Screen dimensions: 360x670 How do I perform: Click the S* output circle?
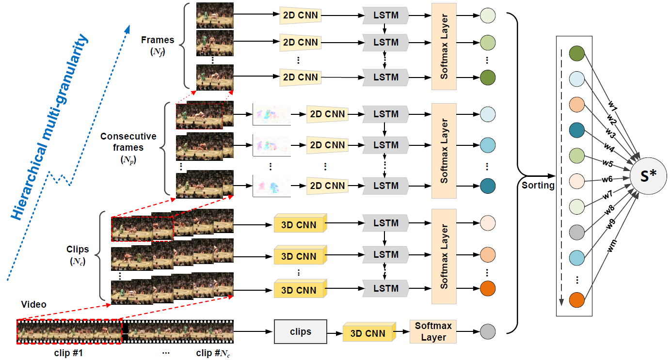[x=648, y=175]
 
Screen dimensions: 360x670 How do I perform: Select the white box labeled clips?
[x=301, y=332]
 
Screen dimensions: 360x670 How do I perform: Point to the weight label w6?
[x=607, y=179]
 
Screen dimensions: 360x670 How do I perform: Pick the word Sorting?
[x=538, y=185]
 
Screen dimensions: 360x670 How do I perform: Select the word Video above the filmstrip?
[x=34, y=304]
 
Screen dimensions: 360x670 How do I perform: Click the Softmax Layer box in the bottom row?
[x=433, y=332]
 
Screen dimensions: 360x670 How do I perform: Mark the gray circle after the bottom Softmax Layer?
[x=488, y=332]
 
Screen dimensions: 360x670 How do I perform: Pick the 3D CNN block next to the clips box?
[x=368, y=333]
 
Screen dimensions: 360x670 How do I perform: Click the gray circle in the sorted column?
[x=576, y=231]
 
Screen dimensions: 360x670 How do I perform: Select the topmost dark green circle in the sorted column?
[x=576, y=53]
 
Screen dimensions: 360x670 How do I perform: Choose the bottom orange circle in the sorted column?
[x=576, y=299]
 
